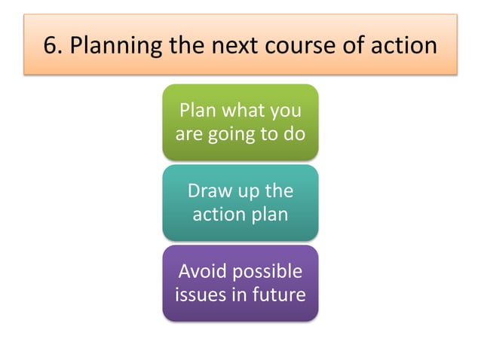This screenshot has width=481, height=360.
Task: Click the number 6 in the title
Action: [x=50, y=45]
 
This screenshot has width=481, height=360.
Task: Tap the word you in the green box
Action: [x=284, y=113]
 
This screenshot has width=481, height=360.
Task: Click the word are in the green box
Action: [x=188, y=136]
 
